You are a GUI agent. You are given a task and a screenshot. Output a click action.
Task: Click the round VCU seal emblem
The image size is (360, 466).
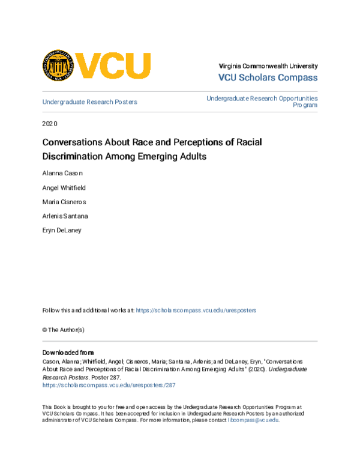[58, 65]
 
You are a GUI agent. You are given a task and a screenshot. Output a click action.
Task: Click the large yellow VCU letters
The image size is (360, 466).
[113, 65]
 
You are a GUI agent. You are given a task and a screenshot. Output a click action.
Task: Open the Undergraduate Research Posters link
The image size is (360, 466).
[89, 102]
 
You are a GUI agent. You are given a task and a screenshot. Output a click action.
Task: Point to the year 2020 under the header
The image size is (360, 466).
[49, 124]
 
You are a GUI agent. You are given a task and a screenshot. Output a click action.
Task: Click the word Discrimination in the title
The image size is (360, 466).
[73, 157]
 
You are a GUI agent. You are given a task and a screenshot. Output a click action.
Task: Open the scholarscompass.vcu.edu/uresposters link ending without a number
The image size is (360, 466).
[196, 310]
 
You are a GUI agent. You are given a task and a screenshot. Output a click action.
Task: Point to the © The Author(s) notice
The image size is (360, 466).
[63, 330]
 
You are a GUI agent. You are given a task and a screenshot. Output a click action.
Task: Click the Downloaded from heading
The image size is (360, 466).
[68, 353]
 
